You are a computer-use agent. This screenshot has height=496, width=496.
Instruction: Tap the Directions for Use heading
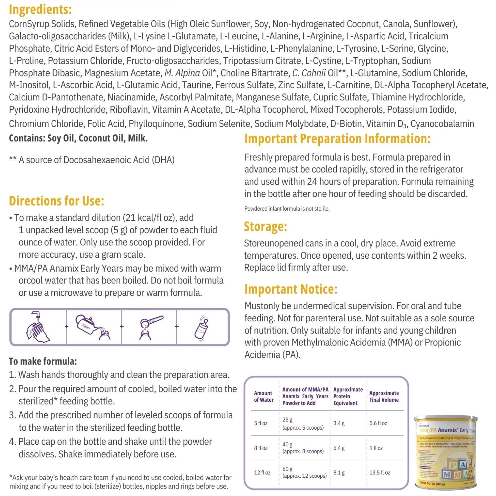coord(57,201)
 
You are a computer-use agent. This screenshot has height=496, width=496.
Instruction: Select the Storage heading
coord(265,226)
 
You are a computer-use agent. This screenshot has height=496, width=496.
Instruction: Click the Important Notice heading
coord(291,289)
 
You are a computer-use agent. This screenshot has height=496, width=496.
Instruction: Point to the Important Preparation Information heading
coord(337,139)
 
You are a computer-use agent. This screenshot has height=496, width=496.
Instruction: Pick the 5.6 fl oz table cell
coord(378,423)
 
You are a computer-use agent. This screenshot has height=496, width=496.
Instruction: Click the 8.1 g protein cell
coord(339,473)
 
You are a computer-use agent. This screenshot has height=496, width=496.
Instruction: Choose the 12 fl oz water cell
coord(262,473)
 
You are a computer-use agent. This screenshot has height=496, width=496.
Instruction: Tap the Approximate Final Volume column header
coord(384,396)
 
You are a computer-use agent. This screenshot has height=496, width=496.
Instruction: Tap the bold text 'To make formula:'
coord(43,361)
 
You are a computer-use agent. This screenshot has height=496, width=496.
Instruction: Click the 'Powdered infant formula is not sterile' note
coord(287,209)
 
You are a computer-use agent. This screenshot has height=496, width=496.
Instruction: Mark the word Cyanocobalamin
coord(442,124)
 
